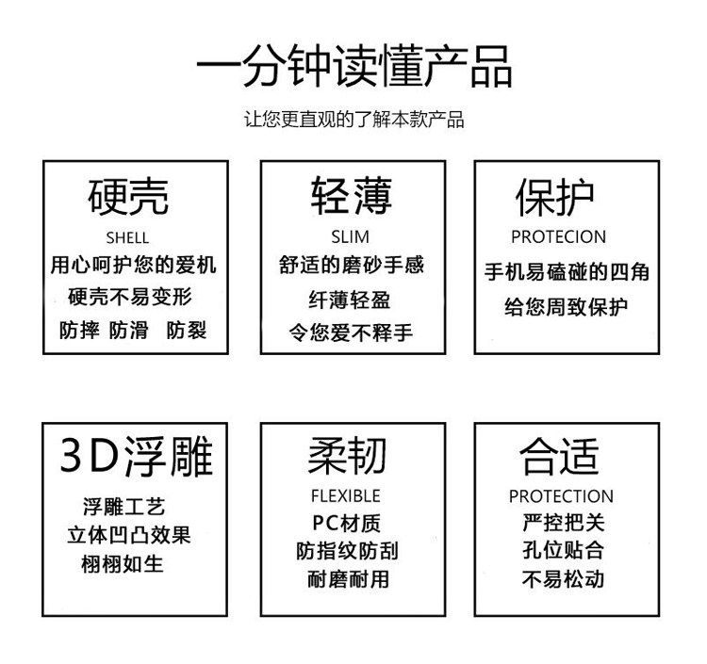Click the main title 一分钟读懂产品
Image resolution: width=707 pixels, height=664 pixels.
click(x=353, y=68)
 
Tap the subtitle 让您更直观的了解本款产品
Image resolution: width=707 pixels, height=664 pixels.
click(x=353, y=120)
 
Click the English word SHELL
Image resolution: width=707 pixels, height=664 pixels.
click(x=128, y=237)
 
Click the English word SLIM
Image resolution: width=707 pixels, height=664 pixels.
click(x=351, y=236)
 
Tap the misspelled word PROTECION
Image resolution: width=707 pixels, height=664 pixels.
click(x=558, y=236)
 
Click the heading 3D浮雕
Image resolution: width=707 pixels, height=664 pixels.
click(x=136, y=456)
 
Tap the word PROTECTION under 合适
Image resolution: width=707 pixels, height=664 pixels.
click(x=561, y=496)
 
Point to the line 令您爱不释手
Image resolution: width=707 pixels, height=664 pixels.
click(x=351, y=332)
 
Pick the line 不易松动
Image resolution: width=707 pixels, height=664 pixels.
click(x=563, y=578)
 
